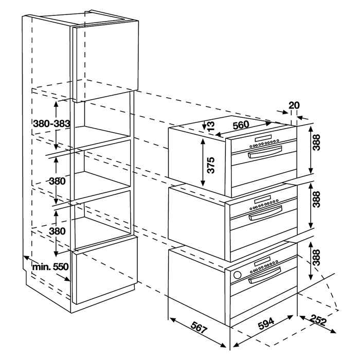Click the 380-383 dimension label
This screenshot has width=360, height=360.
(51, 124)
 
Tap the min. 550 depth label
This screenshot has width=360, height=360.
(50, 267)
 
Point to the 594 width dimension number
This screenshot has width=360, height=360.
(266, 323)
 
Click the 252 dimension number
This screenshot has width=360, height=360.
(318, 320)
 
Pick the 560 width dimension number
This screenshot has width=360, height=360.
(241, 125)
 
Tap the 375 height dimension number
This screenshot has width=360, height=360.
(210, 165)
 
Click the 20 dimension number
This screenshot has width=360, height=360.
(294, 105)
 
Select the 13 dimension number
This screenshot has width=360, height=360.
(211, 126)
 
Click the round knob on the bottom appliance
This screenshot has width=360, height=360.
(238, 275)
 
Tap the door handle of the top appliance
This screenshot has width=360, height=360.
(264, 152)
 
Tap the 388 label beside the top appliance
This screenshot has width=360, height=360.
(317, 142)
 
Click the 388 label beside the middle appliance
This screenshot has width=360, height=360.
(317, 200)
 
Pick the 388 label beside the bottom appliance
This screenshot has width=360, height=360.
(317, 258)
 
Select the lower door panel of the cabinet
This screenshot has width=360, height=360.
(105, 270)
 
